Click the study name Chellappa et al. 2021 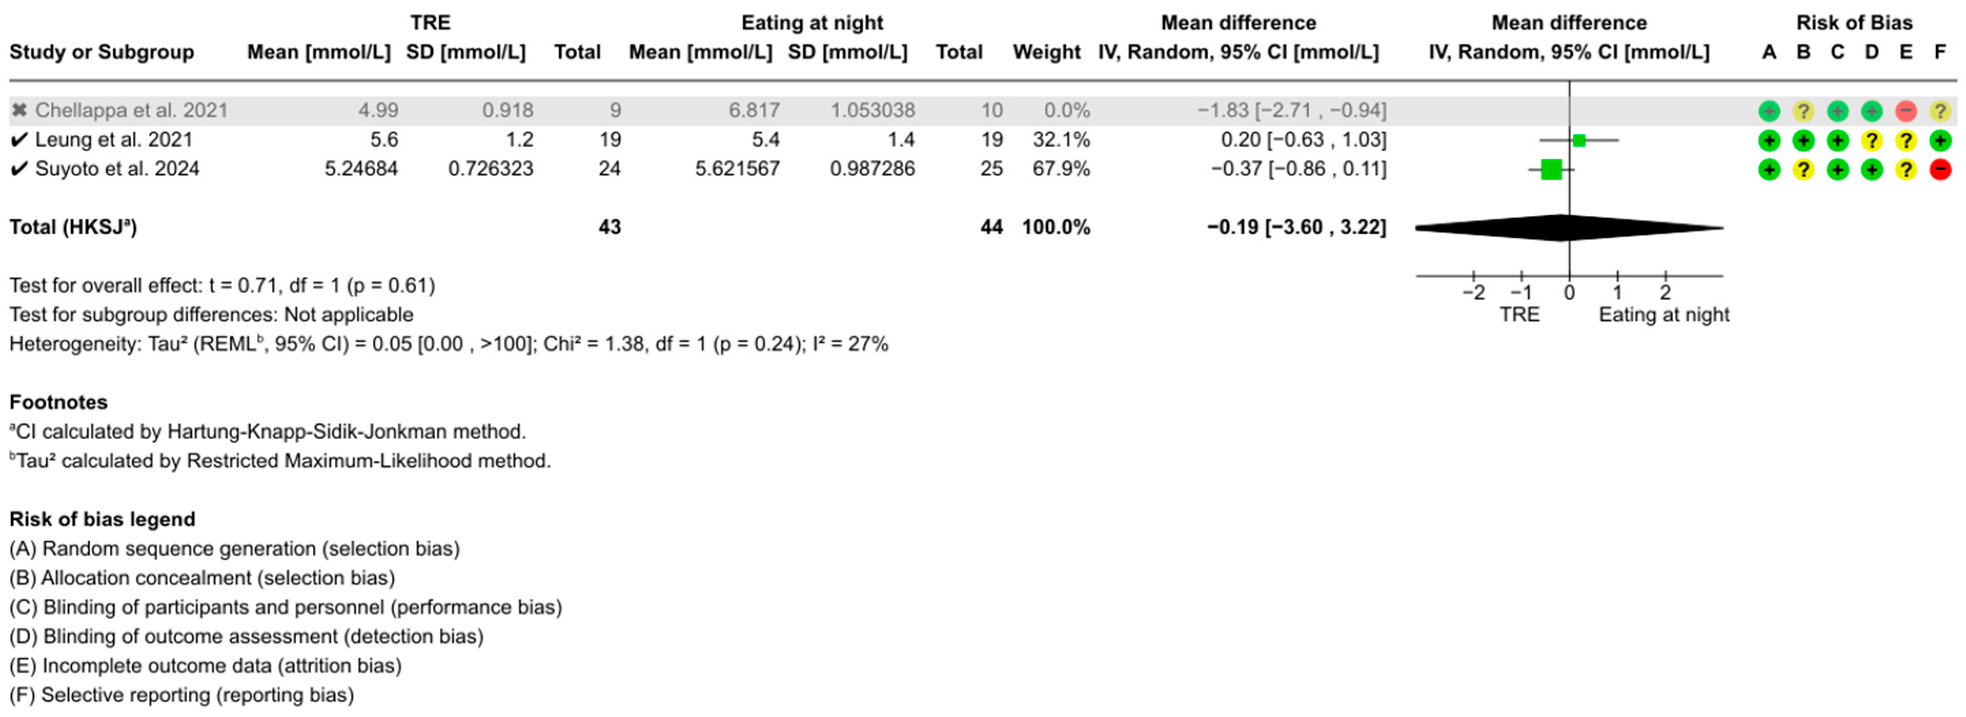click(x=131, y=110)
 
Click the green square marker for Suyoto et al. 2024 click(x=1551, y=169)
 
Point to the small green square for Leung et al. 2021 click(x=1579, y=140)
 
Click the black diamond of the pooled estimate click(x=1569, y=227)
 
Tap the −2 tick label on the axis click(x=1473, y=293)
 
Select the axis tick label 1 click(x=1617, y=293)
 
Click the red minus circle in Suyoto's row click(x=1939, y=169)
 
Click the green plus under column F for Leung click(x=1939, y=140)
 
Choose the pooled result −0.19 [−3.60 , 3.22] click(x=1296, y=227)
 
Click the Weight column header click(x=1046, y=52)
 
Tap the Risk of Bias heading click(x=1854, y=23)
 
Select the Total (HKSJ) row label click(x=73, y=227)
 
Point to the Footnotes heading click(x=58, y=402)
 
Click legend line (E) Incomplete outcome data click(x=205, y=666)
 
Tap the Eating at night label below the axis click(x=1664, y=315)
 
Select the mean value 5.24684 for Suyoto click(x=361, y=169)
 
